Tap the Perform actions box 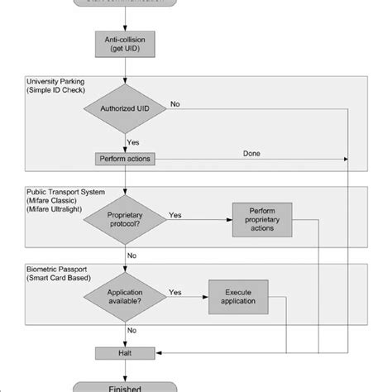pos(126,158)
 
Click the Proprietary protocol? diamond pos(126,219)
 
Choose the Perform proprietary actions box pos(263,219)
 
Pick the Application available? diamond pos(126,297)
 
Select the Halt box pos(126,353)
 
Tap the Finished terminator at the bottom pos(126,385)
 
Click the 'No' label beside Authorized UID pos(175,104)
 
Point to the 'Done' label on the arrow pos(253,153)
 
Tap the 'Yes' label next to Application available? pos(175,292)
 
